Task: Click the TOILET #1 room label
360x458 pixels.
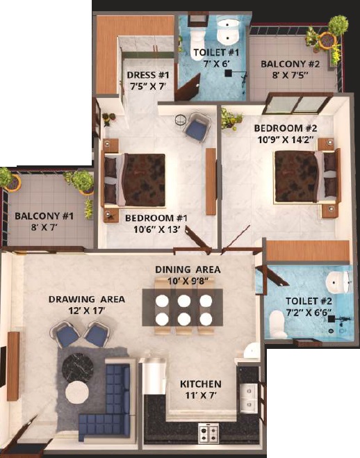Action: pos(216,53)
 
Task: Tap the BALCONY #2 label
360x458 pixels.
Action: pos(291,64)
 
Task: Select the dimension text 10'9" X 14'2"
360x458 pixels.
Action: pos(286,140)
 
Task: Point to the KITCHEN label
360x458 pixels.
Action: pos(201,384)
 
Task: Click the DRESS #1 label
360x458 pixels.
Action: pos(148,75)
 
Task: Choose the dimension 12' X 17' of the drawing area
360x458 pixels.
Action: pos(87,311)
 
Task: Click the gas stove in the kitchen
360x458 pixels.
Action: pos(208,434)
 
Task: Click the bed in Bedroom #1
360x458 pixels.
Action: pos(135,180)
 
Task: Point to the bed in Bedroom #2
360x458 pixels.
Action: pos(306,176)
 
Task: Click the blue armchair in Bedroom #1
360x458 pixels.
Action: pos(197,127)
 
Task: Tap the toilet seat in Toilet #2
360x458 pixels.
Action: pos(278,325)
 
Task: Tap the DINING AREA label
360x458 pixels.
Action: pos(188,269)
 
